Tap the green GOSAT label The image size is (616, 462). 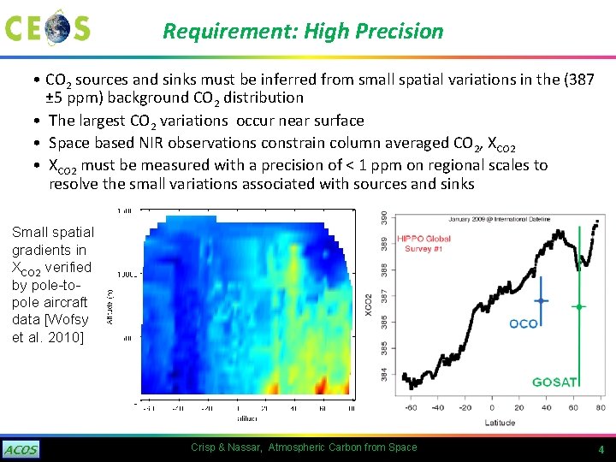554,382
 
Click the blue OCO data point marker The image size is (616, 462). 541,301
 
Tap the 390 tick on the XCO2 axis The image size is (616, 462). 384,218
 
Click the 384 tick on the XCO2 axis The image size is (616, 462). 384,375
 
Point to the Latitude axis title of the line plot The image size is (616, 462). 499,422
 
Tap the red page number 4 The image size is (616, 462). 601,450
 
